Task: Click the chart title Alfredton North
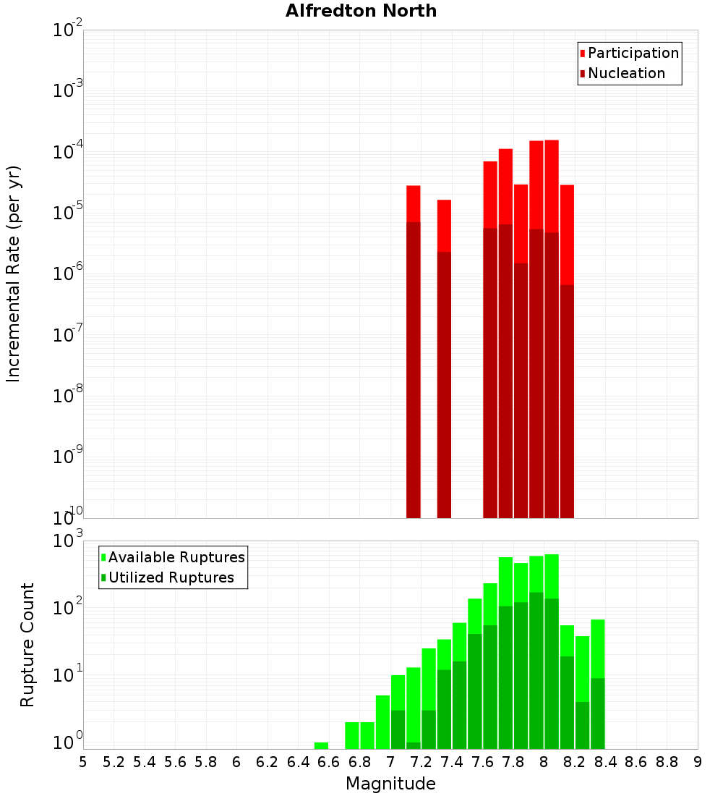[x=361, y=11]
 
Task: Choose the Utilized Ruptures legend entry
[x=171, y=577]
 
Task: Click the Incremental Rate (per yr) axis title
[x=14, y=274]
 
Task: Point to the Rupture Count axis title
[x=27, y=645]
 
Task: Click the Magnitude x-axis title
[x=390, y=784]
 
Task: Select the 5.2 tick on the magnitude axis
[x=114, y=762]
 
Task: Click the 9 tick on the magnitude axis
[x=698, y=762]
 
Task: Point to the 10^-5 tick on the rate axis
[x=69, y=213]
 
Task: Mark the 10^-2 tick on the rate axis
[x=69, y=30]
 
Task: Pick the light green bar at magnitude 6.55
[x=321, y=745]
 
